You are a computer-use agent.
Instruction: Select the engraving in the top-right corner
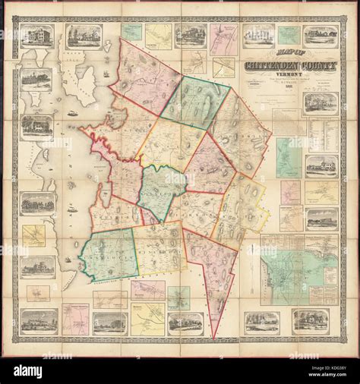coord(321,36)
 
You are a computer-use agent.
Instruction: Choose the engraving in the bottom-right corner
coord(310,321)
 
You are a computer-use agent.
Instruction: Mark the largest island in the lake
coord(87,84)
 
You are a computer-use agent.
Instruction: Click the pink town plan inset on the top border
coord(224,39)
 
